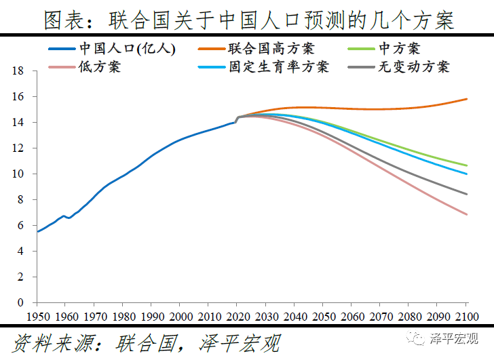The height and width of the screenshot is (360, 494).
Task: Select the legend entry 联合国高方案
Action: (x=271, y=49)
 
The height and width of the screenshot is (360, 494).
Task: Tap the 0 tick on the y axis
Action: (x=22, y=302)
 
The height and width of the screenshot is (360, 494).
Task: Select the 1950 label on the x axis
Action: (x=37, y=317)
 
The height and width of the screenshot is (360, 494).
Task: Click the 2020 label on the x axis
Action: (x=237, y=317)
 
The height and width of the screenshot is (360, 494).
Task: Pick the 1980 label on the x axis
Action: (x=123, y=317)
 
